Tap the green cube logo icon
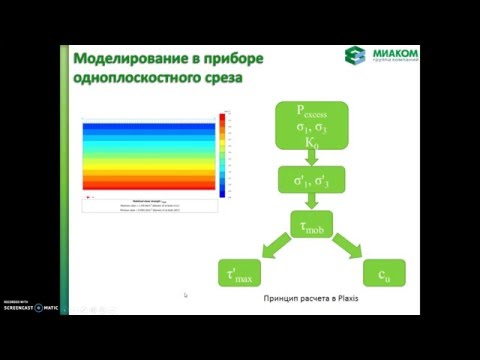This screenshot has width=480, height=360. coord(355,58)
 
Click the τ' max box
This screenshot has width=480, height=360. coord(243,272)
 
